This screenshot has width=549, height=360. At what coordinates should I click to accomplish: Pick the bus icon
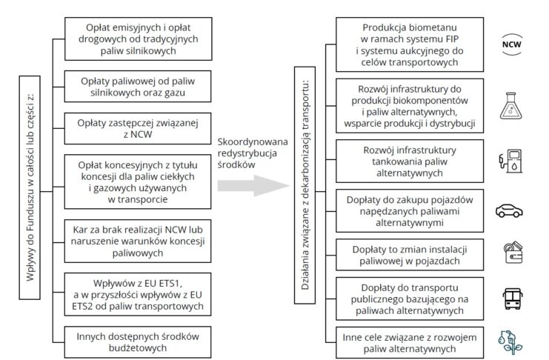coord(510,298)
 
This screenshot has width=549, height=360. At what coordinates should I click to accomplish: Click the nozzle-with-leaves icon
coord(510,341)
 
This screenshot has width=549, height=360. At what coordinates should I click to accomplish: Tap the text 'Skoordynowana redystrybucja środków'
coord(245,153)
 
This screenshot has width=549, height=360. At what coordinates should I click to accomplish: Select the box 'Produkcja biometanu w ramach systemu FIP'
coord(410,43)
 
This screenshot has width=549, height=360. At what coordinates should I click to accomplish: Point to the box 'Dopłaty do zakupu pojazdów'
coord(410,210)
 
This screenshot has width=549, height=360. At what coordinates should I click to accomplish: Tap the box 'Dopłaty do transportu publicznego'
coord(410,299)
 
